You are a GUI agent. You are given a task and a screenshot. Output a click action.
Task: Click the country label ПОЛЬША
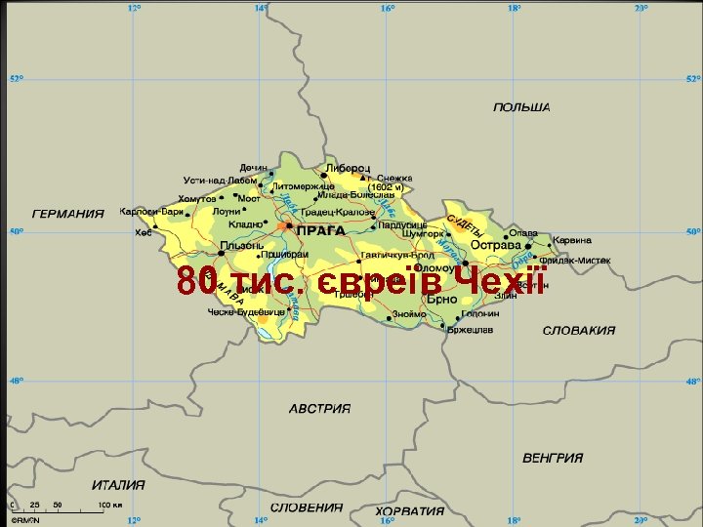pyautogui.click(x=522, y=106)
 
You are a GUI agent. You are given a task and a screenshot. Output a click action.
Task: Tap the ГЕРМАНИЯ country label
pyautogui.click(x=68, y=214)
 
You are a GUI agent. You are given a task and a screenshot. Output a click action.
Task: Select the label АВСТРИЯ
pyautogui.click(x=319, y=408)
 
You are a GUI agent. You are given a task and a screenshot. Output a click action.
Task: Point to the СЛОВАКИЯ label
pyautogui.click(x=579, y=330)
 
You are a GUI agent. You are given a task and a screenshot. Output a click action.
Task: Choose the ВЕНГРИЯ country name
pyautogui.click(x=553, y=457)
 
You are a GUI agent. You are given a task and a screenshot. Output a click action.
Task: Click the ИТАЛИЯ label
pyautogui.click(x=119, y=484)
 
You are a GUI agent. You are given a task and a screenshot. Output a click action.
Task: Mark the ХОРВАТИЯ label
pyautogui.click(x=409, y=510)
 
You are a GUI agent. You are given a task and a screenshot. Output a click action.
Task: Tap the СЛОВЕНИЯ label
pyautogui.click(x=307, y=507)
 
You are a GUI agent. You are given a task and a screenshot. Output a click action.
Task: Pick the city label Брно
pyautogui.click(x=441, y=300)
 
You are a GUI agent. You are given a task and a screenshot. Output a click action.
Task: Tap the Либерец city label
pyautogui.click(x=348, y=168)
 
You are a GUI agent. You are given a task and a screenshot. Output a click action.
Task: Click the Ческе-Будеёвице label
pyautogui.click(x=246, y=311)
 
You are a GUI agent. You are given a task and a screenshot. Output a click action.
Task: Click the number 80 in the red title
pyautogui.click(x=195, y=283)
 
